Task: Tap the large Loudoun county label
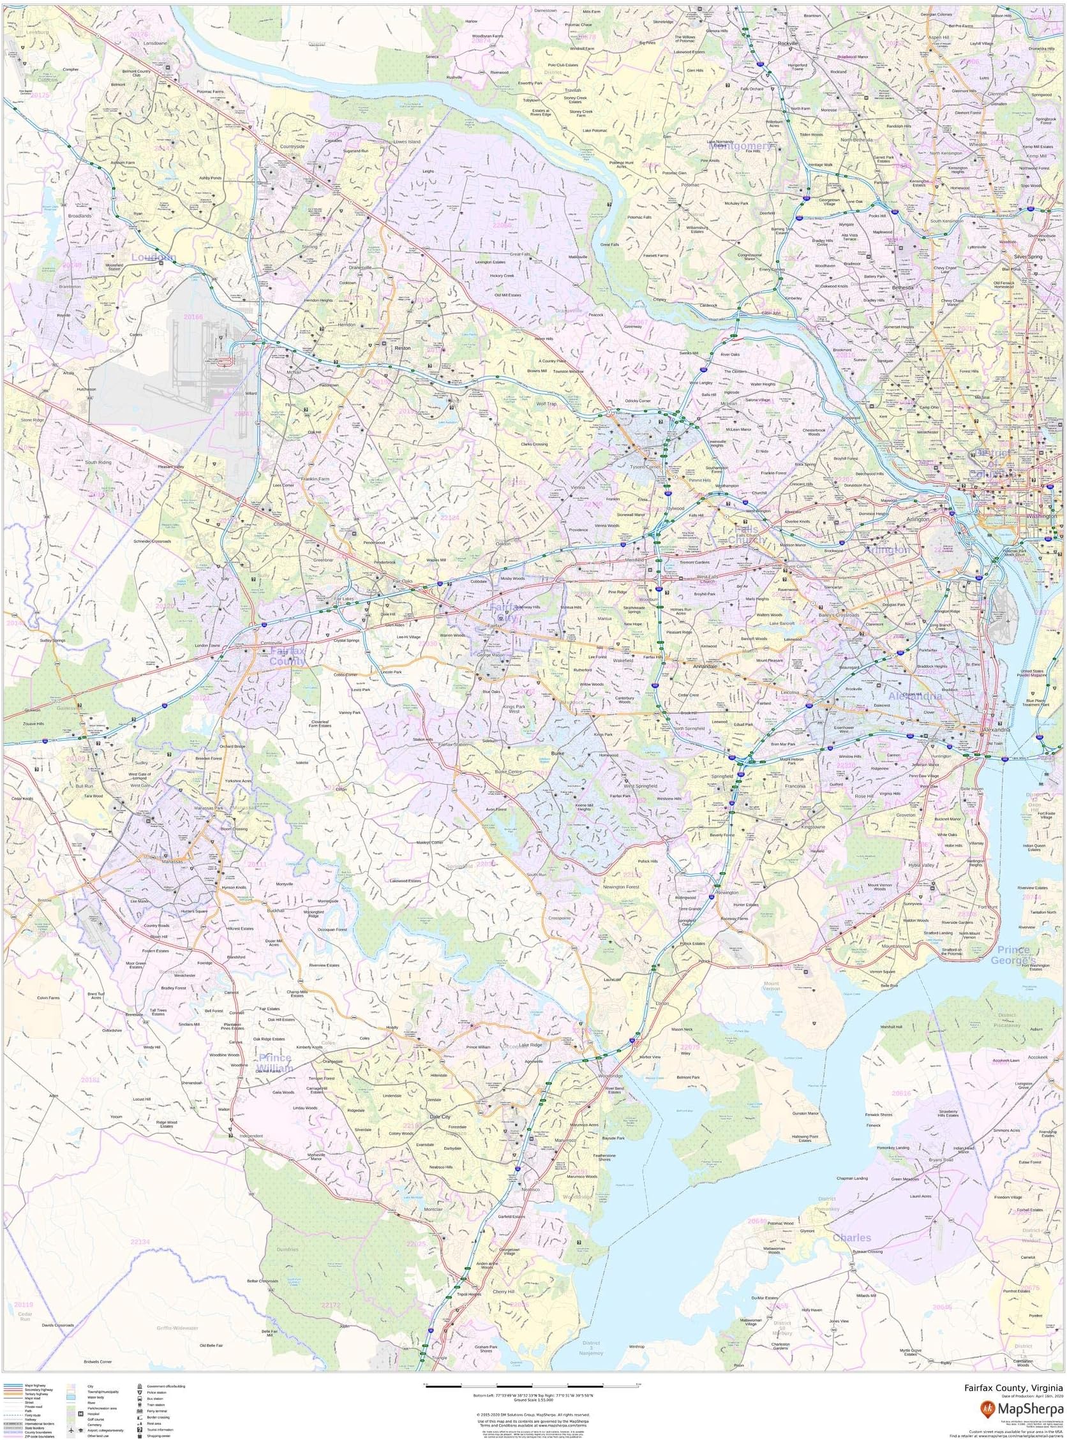pos(153,257)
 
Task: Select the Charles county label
pos(851,1238)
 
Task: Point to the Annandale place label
pos(706,665)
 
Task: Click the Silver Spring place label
pos(1028,257)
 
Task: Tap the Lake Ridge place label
pos(531,1045)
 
